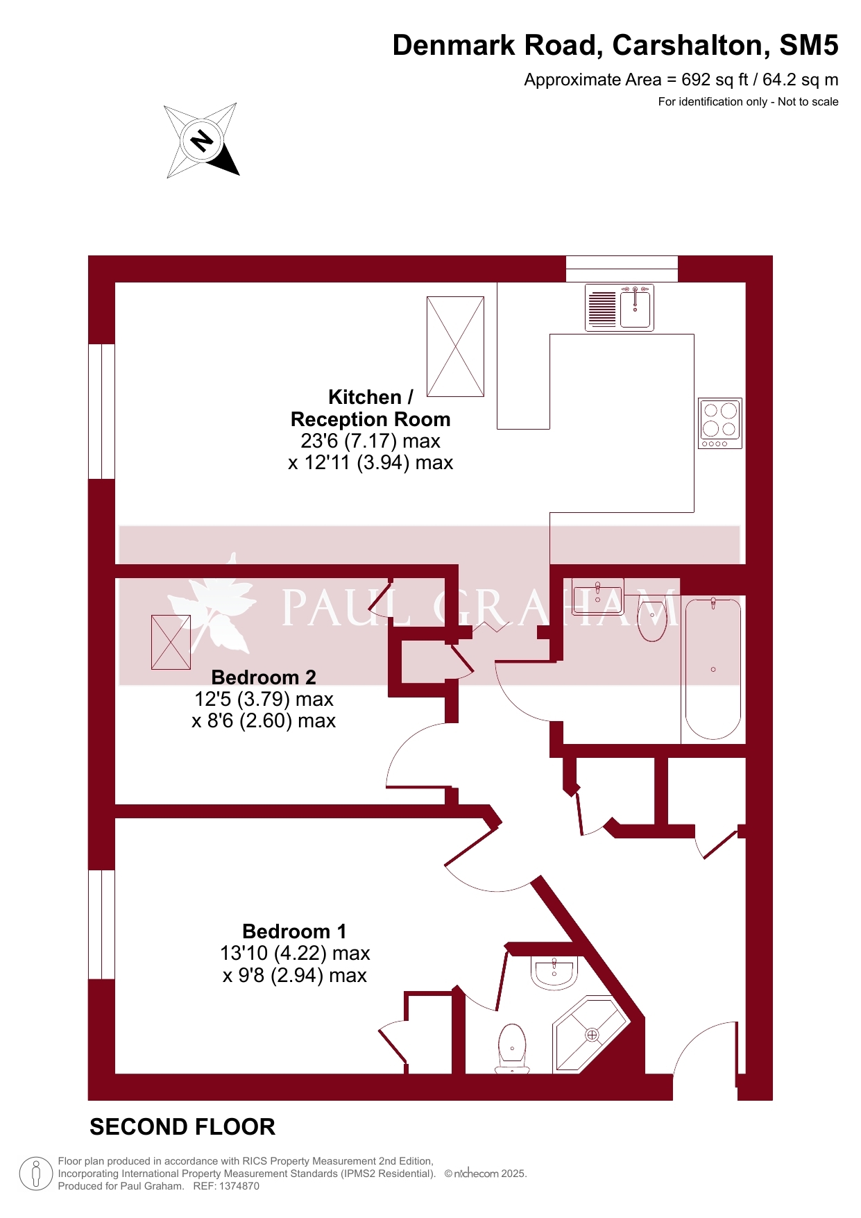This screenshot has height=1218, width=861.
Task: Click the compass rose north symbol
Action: (x=202, y=141)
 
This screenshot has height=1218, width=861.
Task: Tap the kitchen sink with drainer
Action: (x=620, y=307)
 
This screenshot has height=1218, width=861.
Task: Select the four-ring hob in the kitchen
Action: (x=720, y=423)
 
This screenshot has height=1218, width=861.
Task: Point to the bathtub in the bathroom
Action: (x=713, y=669)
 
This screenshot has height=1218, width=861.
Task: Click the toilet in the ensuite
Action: (x=512, y=1049)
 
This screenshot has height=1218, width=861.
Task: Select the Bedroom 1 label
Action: (x=294, y=931)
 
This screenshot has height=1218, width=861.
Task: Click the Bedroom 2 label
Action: (x=264, y=677)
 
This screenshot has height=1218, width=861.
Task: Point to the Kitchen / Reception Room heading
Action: (x=370, y=408)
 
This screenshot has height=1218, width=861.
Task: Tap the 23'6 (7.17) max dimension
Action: (x=370, y=441)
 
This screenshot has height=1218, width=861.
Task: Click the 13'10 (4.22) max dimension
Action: (x=295, y=953)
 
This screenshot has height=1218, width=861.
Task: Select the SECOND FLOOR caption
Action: (x=182, y=1127)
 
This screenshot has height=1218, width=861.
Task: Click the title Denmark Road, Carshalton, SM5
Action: (x=615, y=45)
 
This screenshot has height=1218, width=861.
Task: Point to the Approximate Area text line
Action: (x=681, y=80)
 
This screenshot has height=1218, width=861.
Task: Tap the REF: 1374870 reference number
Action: (x=226, y=1186)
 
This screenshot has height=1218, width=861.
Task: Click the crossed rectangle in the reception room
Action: (x=455, y=346)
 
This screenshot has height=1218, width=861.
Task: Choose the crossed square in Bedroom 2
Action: (x=171, y=643)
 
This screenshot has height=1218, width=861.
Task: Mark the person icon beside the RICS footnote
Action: (x=36, y=1174)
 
